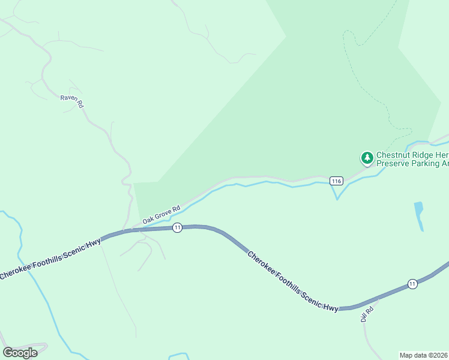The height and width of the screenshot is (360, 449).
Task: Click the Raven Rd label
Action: [71, 101]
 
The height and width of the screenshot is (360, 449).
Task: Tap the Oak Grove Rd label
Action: [161, 215]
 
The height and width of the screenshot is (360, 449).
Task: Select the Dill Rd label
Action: [367, 314]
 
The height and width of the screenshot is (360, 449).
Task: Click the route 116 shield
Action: [336, 181]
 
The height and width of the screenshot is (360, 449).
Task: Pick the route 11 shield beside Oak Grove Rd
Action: [177, 227]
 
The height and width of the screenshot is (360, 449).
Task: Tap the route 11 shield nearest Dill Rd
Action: [412, 283]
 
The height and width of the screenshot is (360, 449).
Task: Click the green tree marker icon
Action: [366, 158]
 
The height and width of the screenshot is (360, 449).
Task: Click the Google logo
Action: [20, 352]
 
